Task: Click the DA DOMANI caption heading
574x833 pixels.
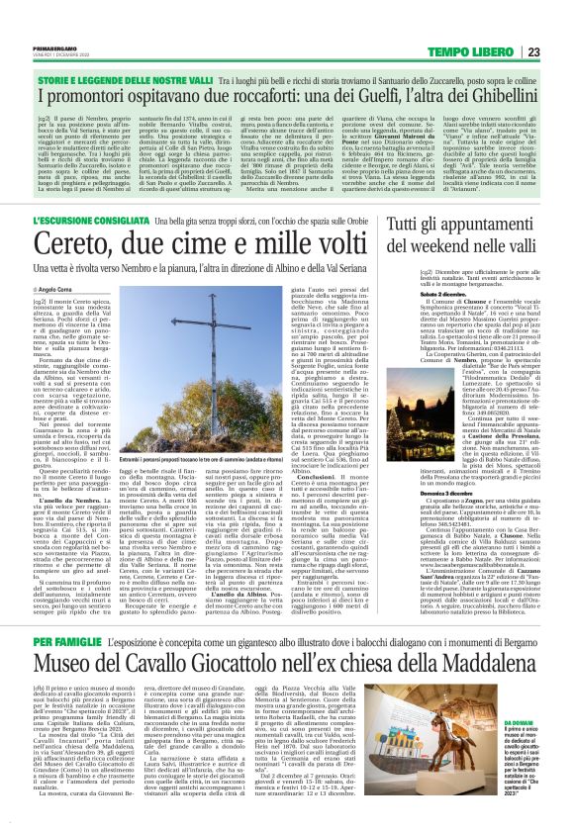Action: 524,752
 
